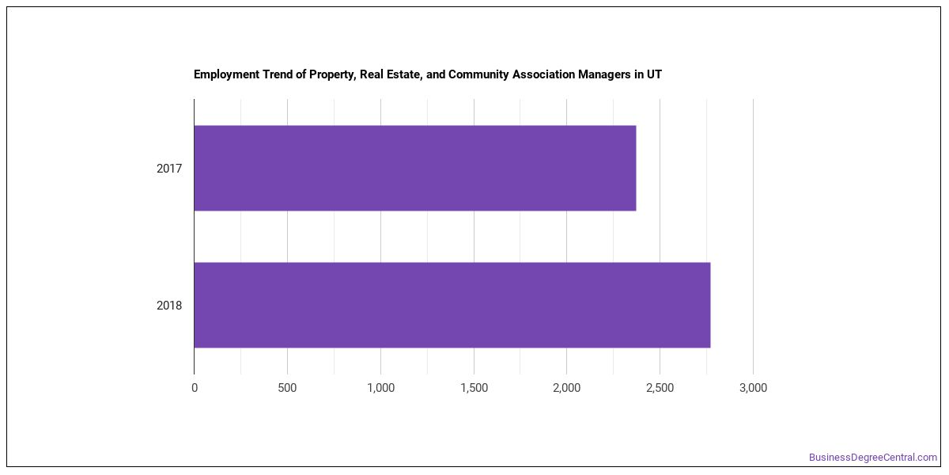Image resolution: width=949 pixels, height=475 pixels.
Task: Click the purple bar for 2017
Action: point(415,168)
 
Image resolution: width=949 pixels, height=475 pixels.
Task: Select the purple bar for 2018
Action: point(452,305)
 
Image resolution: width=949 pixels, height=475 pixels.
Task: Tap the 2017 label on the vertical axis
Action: point(169,169)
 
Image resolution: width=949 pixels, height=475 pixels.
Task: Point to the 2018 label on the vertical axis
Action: point(169,306)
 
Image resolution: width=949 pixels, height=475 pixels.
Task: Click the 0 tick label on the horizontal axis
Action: point(195,388)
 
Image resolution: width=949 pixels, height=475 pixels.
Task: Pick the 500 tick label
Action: point(287,388)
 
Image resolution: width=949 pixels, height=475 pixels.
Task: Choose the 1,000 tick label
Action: point(380,388)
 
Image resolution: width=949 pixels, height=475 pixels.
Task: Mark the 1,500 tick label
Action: point(474,388)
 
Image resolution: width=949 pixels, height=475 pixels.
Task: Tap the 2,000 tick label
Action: point(567,388)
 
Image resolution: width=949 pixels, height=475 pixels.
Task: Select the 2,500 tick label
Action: point(660,388)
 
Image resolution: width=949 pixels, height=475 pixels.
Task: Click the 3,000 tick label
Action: point(753,388)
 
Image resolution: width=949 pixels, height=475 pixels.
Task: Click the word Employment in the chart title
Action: point(227,74)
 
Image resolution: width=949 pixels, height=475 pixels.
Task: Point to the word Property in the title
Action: point(333,75)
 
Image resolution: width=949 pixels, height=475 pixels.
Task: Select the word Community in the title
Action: point(478,74)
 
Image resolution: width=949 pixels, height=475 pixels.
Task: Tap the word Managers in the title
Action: point(604,74)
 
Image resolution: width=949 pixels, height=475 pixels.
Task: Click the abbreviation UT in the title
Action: point(654,74)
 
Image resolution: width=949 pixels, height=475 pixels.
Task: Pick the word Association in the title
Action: point(543,74)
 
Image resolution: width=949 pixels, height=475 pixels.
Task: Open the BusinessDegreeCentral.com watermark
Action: point(873,458)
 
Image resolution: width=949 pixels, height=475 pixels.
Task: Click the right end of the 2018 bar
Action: point(710,305)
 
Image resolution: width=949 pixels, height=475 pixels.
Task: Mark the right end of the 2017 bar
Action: point(637,168)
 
